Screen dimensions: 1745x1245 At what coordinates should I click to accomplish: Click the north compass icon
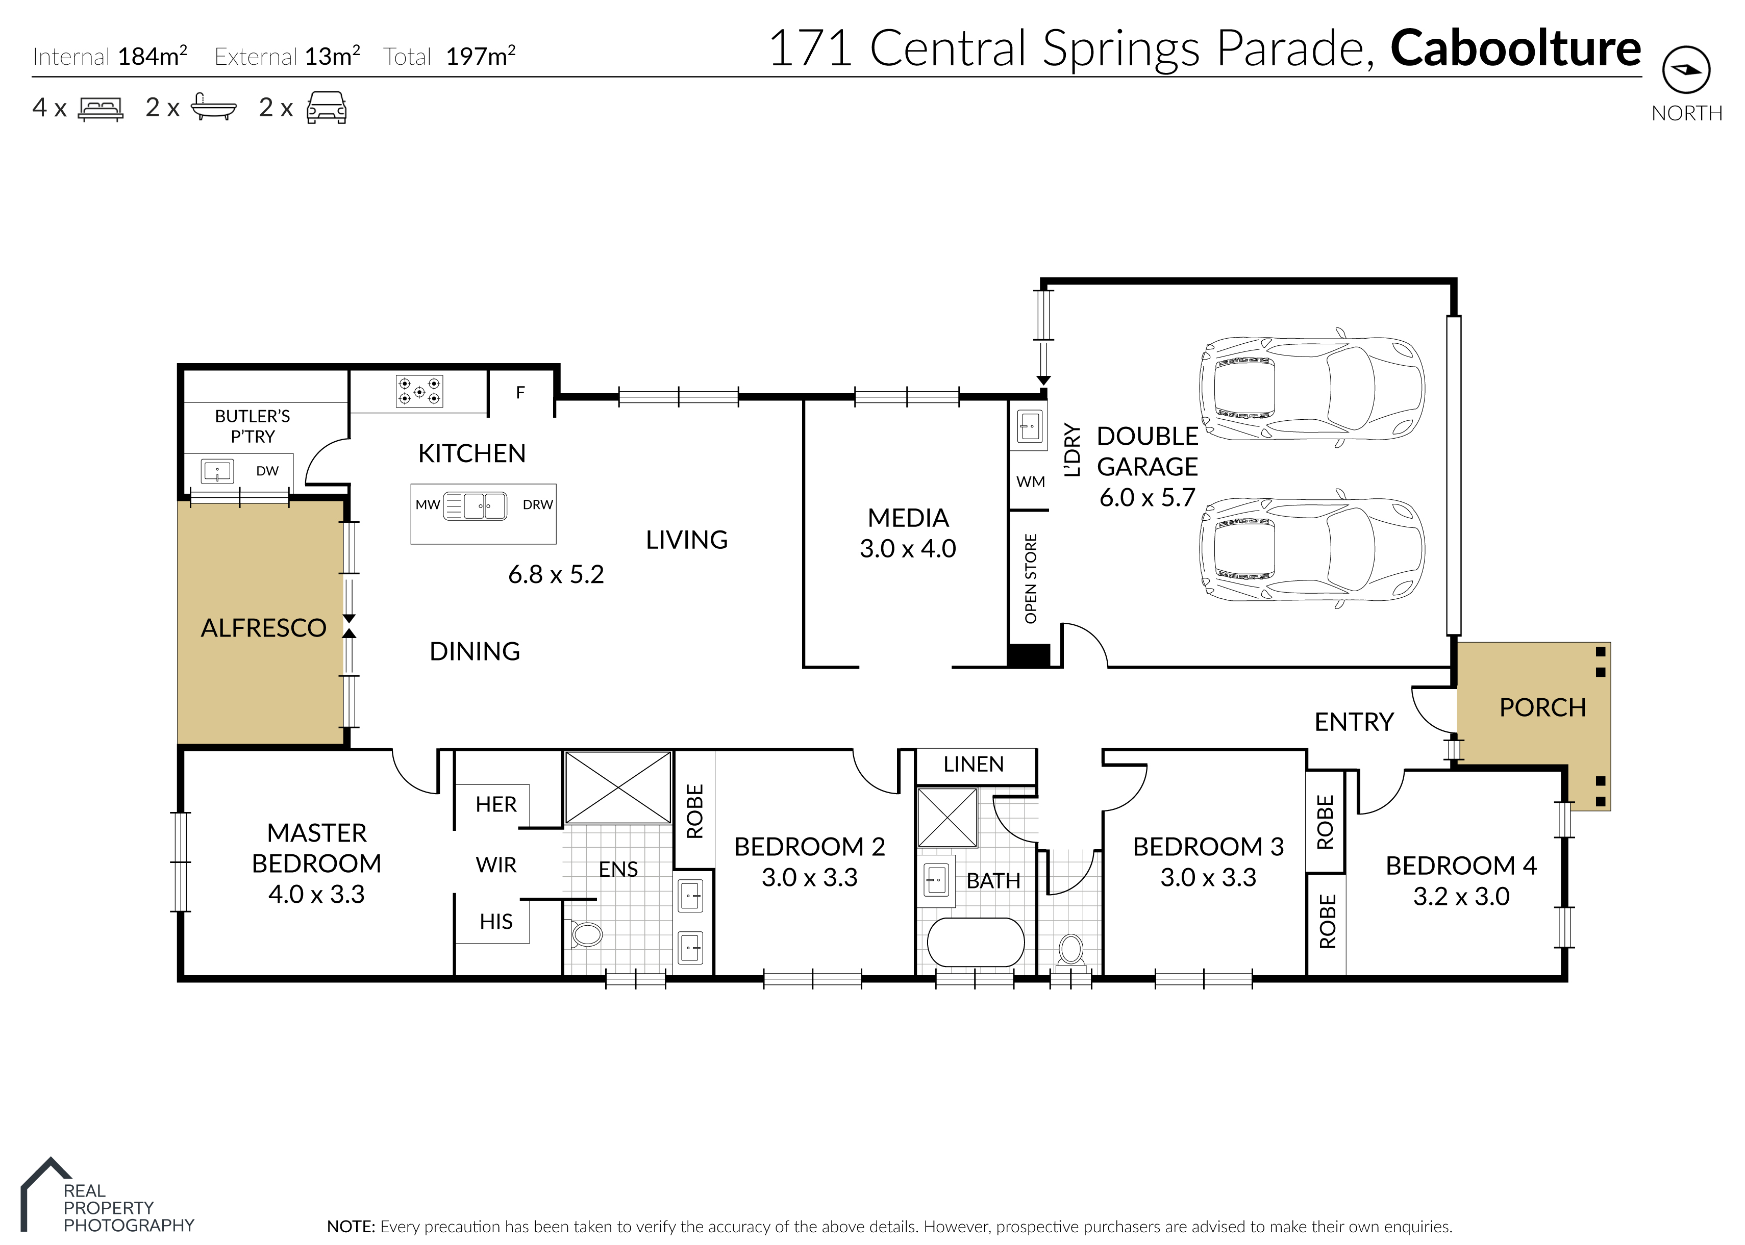[x=1686, y=70]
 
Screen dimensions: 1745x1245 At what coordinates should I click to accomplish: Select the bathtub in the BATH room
[x=975, y=942]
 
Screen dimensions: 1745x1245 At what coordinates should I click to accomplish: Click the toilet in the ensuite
[x=587, y=934]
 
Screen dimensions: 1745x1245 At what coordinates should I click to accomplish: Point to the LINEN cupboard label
[x=973, y=765]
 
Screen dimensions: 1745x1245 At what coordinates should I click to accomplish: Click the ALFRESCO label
[x=264, y=628]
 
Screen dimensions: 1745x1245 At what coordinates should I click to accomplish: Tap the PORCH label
[x=1542, y=707]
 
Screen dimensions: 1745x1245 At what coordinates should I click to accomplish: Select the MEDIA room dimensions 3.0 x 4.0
[x=908, y=549]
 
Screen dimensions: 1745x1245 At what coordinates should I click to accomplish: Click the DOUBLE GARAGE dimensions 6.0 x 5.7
[x=1147, y=497]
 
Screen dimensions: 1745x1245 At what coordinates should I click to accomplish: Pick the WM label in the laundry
[x=1031, y=481]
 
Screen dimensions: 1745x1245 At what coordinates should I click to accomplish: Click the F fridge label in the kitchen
[x=520, y=393]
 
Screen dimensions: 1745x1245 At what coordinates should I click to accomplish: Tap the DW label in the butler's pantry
[x=267, y=471]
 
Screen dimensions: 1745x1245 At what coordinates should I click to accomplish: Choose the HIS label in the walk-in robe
[x=496, y=922]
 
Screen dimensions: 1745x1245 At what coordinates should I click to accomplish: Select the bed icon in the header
[x=101, y=109]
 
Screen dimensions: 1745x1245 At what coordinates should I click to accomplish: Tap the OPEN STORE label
[x=1031, y=578]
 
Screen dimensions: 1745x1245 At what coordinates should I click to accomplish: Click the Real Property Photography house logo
[x=46, y=1193]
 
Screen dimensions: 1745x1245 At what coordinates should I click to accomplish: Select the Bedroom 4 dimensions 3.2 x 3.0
[x=1461, y=896]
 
